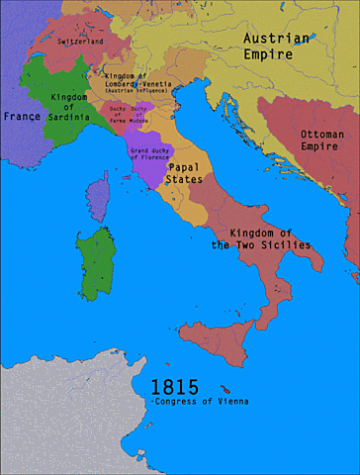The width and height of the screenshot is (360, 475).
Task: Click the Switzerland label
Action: (x=82, y=43)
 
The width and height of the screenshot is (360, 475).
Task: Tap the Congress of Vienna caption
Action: (x=201, y=402)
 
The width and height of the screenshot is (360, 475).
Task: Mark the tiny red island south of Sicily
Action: (x=230, y=388)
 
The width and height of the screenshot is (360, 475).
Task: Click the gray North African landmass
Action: (x=59, y=416)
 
